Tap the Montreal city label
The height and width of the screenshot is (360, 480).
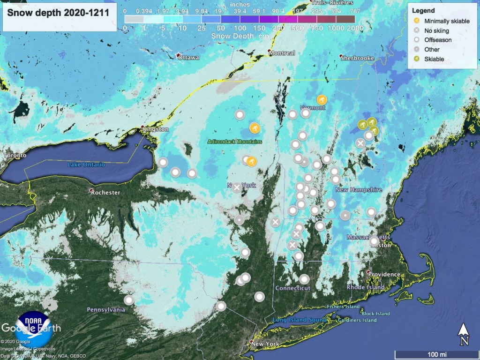pyautogui.click(x=282, y=53)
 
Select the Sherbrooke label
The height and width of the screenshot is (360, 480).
pyautogui.click(x=358, y=58)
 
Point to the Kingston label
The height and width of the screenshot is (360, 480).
pyautogui.click(x=156, y=129)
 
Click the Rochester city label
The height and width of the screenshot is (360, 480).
pyautogui.click(x=105, y=192)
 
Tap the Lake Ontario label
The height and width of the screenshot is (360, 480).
pyautogui.click(x=86, y=165)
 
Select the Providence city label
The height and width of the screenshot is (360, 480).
pyautogui.click(x=383, y=274)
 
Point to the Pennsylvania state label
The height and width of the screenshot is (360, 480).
pyautogui.click(x=106, y=310)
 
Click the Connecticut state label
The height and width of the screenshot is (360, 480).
pyautogui.click(x=293, y=288)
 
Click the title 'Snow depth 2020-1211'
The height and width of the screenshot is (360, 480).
pyautogui.click(x=58, y=13)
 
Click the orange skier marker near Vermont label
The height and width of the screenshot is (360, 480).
pyautogui.click(x=322, y=100)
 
